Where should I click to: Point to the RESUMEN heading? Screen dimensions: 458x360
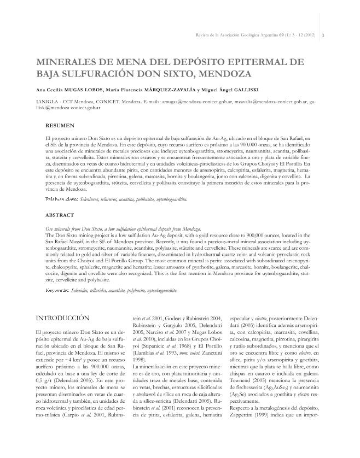[59, 125]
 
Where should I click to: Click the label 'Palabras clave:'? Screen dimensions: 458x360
[61, 199]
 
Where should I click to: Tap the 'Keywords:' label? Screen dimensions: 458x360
[57, 290]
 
